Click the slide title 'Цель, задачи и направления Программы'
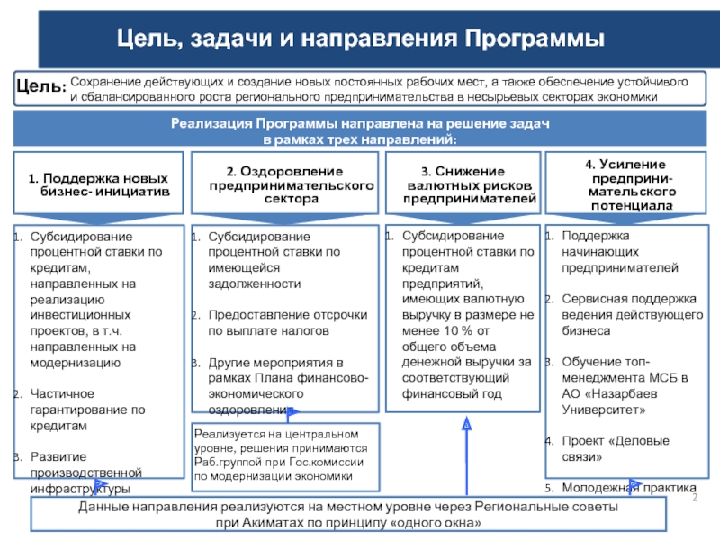click(x=364, y=40)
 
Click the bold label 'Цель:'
click(x=41, y=88)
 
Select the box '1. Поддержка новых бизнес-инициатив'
click(x=99, y=184)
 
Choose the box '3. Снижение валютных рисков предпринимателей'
click(x=463, y=184)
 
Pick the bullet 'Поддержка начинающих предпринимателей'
click(x=620, y=251)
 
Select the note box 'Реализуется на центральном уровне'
click(x=286, y=453)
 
